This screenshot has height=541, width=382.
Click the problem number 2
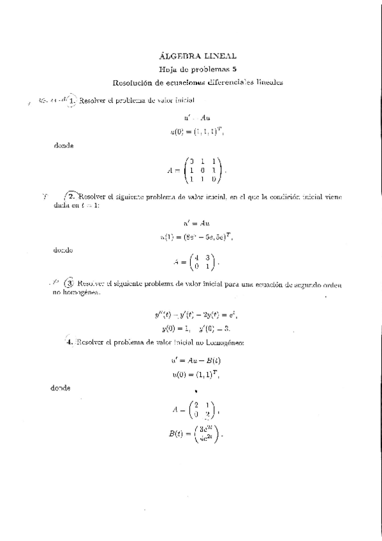(72, 198)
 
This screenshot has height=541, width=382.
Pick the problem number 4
(70, 342)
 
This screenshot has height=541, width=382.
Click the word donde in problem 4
(61, 389)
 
